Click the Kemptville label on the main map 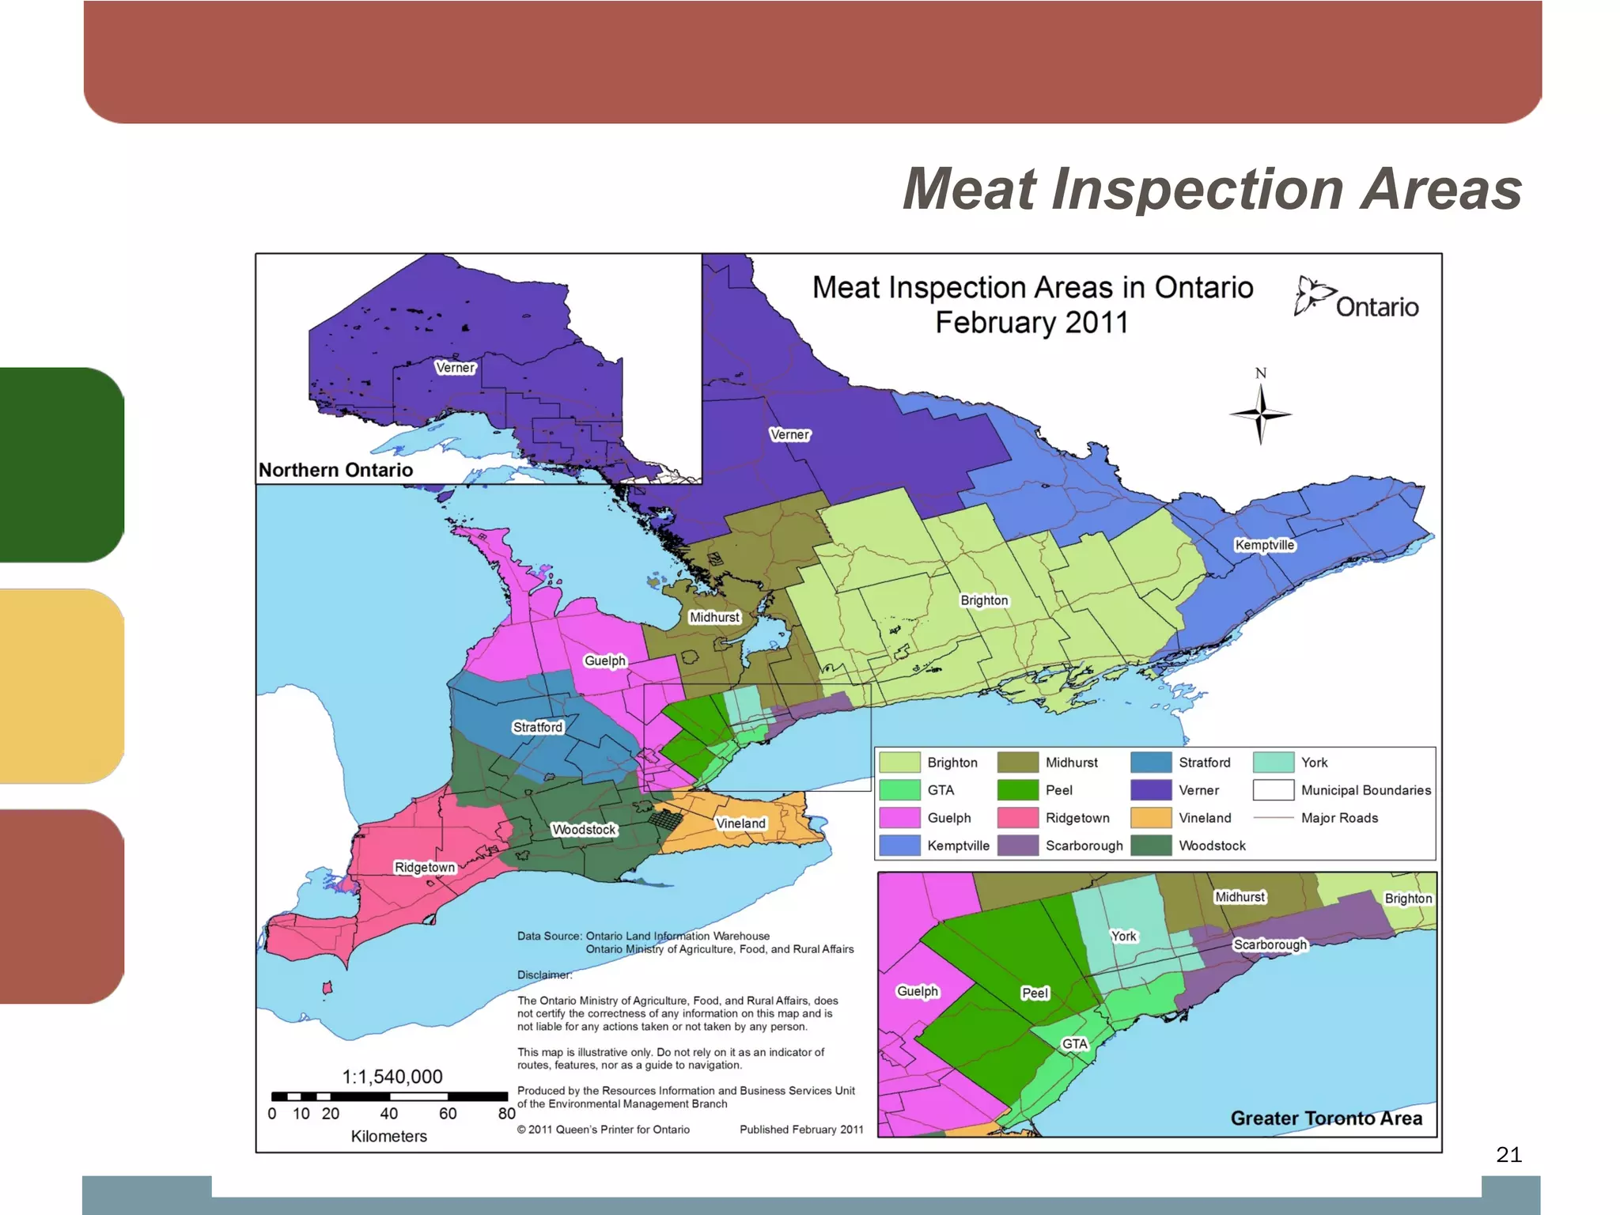(1264, 545)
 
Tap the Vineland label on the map (740, 823)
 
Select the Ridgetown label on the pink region (425, 867)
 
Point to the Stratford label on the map (537, 727)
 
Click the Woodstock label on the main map (584, 830)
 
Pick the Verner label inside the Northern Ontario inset (455, 368)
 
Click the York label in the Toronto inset (1123, 937)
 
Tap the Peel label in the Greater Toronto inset (1035, 994)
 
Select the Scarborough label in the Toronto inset (1270, 944)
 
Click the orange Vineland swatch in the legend (1150, 818)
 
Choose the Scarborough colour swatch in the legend (1017, 846)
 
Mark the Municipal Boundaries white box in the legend (1273, 790)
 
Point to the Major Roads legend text (1339, 818)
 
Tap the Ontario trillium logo (1313, 296)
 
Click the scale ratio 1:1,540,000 (392, 1077)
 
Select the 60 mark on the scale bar (448, 1114)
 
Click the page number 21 (1508, 1155)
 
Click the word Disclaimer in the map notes (543, 975)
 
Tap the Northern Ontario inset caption (335, 470)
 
